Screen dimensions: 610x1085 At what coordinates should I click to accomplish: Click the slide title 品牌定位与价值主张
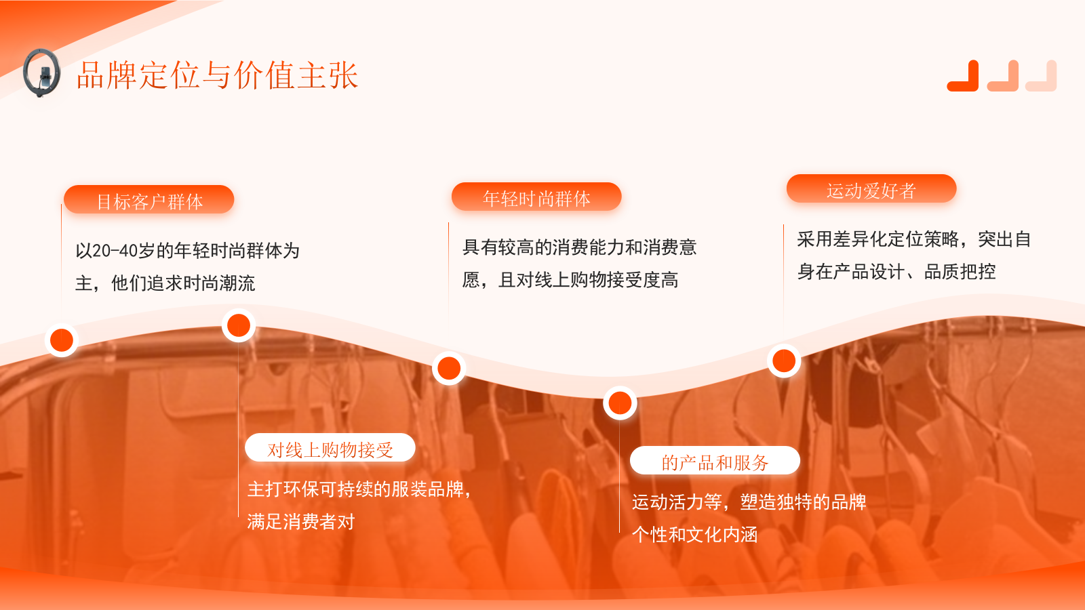click(x=217, y=75)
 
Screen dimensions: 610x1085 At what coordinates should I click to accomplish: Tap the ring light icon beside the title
click(x=42, y=73)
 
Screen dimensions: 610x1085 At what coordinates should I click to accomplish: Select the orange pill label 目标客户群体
click(x=149, y=201)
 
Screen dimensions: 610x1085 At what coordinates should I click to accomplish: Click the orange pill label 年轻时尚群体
click(x=536, y=198)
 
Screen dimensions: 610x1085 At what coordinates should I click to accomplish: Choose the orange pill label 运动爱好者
click(x=871, y=190)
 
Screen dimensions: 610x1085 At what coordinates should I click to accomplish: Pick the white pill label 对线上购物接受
click(x=330, y=449)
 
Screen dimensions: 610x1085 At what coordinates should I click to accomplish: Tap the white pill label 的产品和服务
click(x=715, y=462)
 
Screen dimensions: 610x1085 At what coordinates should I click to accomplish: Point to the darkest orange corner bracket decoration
click(x=964, y=77)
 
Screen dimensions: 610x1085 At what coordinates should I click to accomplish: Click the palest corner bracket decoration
click(x=1042, y=77)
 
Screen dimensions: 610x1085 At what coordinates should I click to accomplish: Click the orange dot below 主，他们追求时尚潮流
click(x=62, y=340)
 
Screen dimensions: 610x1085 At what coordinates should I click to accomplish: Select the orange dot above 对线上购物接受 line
click(x=239, y=325)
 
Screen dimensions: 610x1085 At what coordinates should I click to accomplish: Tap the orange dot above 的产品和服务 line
click(x=620, y=403)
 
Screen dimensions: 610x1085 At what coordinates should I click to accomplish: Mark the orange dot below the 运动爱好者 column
click(x=784, y=361)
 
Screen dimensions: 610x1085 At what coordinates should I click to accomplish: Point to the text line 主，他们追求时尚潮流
click(x=165, y=283)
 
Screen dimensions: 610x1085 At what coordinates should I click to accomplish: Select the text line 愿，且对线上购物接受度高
click(x=570, y=280)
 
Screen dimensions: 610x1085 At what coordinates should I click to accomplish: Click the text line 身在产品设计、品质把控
click(x=896, y=272)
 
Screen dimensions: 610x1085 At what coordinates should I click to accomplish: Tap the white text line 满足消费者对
click(x=301, y=522)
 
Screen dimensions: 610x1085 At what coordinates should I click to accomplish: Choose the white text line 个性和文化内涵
click(x=695, y=535)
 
